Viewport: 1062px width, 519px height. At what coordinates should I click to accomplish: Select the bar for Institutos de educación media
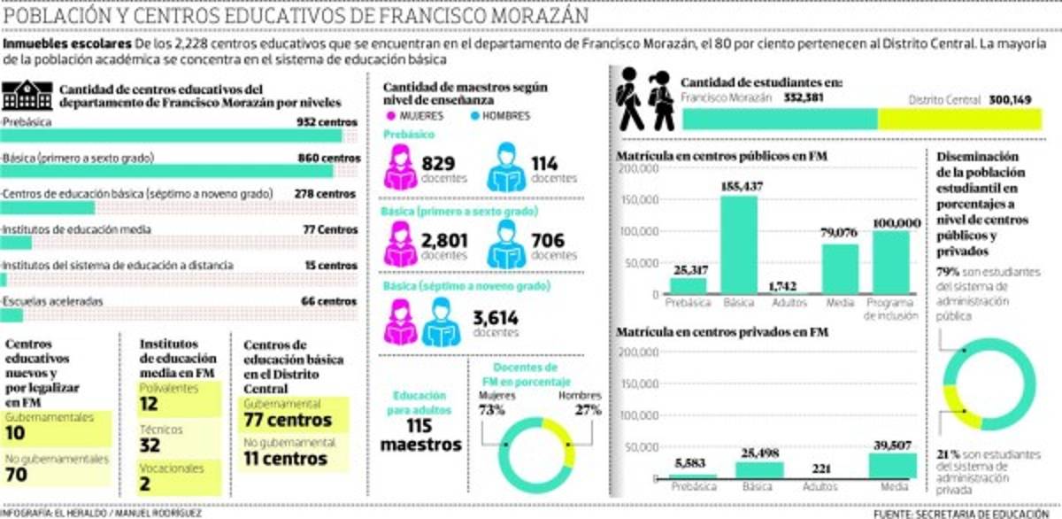[16, 243]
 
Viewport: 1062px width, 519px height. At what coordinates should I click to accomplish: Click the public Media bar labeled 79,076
[839, 268]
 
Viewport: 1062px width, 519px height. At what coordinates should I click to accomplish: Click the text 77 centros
[287, 420]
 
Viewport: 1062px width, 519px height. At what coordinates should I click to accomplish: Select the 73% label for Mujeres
[492, 410]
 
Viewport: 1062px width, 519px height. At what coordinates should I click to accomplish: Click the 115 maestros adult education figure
[421, 435]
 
